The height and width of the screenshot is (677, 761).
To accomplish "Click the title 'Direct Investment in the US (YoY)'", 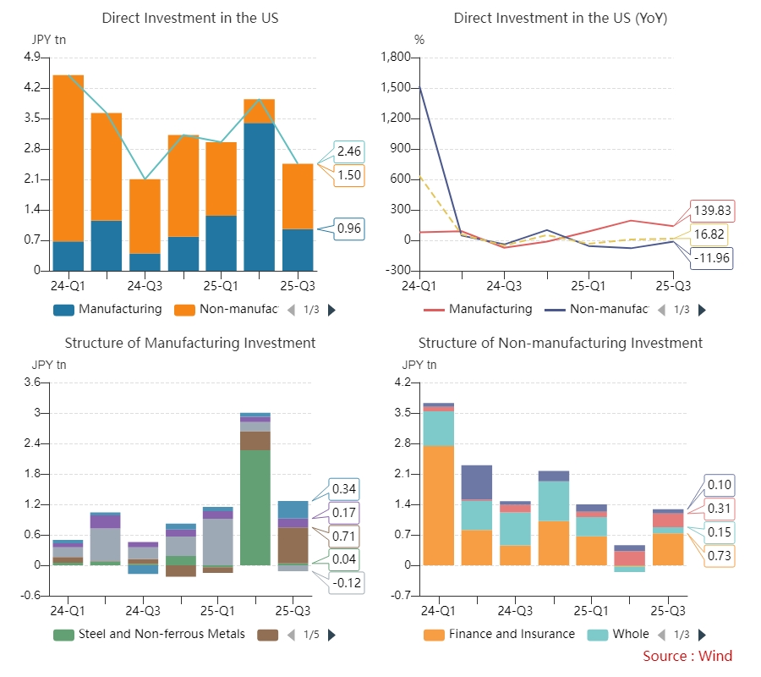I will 560,18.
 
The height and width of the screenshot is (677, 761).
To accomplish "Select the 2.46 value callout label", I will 348,152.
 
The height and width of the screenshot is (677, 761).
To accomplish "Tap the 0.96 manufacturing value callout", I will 348,228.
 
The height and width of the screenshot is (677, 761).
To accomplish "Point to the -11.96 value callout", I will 712,257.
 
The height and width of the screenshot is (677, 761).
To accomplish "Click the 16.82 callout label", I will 712,234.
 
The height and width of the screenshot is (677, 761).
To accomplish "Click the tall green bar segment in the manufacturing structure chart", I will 255,508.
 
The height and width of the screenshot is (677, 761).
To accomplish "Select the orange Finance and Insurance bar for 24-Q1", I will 438,505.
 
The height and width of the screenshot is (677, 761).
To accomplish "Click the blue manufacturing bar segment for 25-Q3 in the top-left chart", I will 298,250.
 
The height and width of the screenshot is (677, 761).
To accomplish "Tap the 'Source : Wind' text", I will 687,657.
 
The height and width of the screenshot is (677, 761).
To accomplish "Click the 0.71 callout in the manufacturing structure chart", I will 343,537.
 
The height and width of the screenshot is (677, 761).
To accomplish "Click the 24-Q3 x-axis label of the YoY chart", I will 504,286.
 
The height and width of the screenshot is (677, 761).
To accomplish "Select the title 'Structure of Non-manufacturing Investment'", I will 560,343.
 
